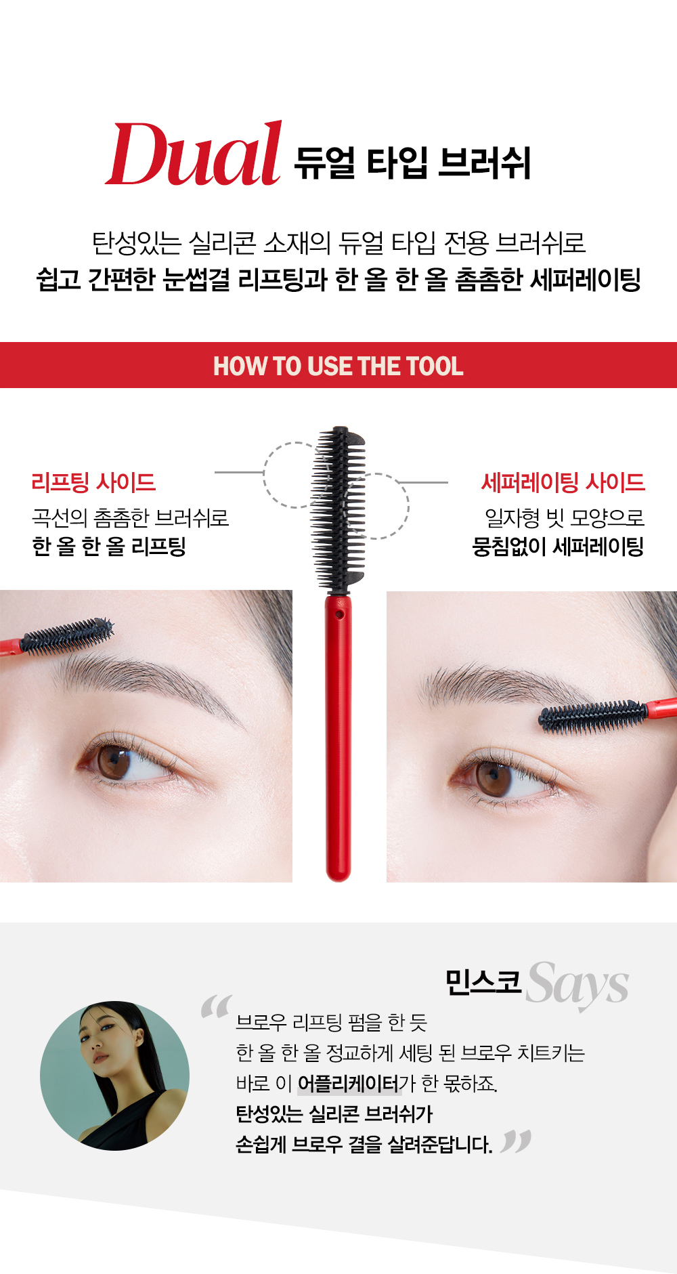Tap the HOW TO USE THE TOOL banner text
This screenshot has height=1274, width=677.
click(x=338, y=366)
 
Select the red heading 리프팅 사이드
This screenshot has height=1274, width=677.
click(x=93, y=483)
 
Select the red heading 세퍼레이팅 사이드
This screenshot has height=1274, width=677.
click(x=563, y=483)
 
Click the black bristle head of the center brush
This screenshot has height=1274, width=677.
click(x=338, y=509)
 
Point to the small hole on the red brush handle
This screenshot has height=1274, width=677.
click(x=339, y=614)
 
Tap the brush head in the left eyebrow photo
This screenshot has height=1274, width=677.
click(x=66, y=635)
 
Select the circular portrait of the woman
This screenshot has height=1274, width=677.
click(x=114, y=1076)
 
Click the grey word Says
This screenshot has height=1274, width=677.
click(x=577, y=984)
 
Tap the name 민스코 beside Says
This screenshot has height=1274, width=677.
click(x=483, y=982)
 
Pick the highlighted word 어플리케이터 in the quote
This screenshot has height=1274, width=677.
click(x=348, y=1084)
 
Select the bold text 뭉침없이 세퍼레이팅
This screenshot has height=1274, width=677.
click(x=558, y=547)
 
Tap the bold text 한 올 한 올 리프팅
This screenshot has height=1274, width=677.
click(x=109, y=547)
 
